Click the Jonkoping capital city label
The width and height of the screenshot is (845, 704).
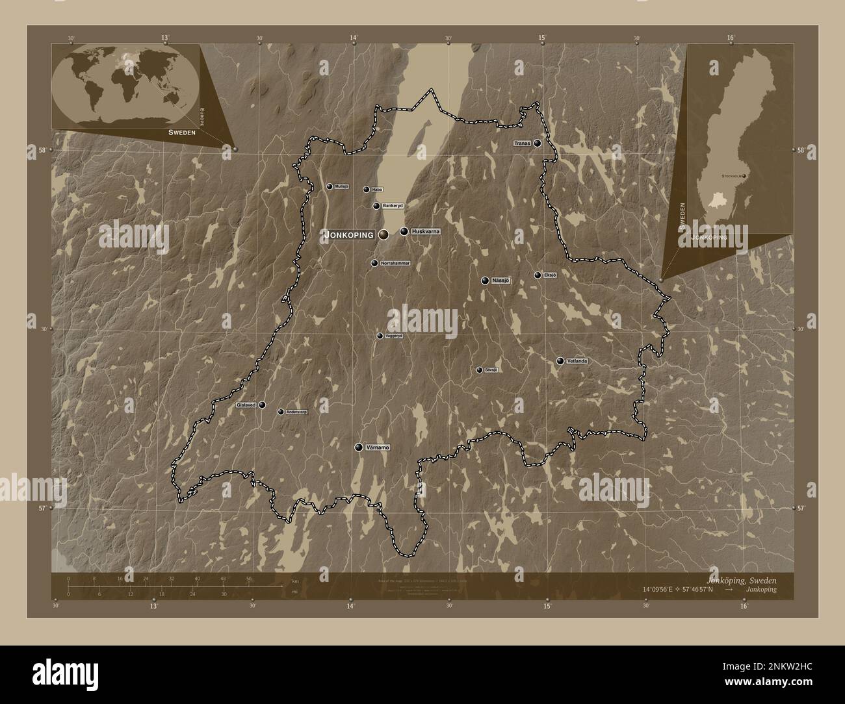click(348, 235)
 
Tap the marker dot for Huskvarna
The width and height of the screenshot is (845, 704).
click(404, 231)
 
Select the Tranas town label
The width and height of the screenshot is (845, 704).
click(522, 144)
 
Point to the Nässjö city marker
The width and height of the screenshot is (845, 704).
click(485, 281)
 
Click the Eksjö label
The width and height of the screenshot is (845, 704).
click(550, 275)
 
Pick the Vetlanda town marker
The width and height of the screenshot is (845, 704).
click(560, 361)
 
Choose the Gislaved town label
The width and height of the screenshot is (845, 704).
click(246, 405)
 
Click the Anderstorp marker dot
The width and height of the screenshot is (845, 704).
click(281, 412)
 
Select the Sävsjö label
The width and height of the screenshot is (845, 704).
click(491, 370)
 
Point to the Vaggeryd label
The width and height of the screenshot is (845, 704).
click(394, 336)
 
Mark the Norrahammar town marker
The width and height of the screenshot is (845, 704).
click(374, 263)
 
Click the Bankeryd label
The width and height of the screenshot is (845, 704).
click(393, 206)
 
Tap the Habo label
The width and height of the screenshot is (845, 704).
click(377, 190)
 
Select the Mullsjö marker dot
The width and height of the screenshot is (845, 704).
click(330, 186)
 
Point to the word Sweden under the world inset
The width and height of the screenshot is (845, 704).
click(181, 131)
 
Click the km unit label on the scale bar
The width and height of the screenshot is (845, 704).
click(295, 581)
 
